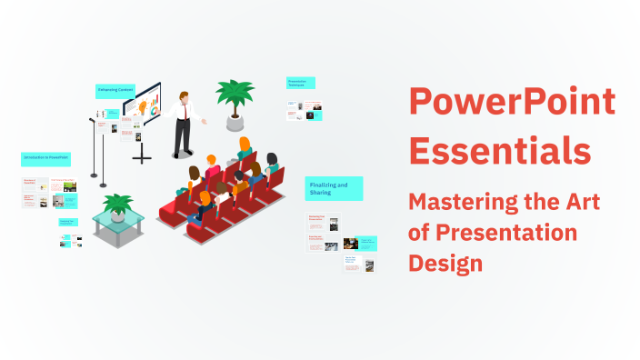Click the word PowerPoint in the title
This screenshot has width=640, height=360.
click(512, 103)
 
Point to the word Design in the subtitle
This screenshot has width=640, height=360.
click(445, 263)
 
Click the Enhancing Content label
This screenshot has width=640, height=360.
click(115, 90)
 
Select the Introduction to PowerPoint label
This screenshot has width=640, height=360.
click(45, 159)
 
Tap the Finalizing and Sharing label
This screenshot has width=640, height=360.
click(333, 188)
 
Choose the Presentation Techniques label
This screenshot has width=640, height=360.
click(301, 83)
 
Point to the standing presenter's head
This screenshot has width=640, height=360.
click(184, 96)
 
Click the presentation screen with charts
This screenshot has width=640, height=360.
click(142, 106)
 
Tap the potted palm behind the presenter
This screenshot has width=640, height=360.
click(234, 94)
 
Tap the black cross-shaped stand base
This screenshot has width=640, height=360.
click(143, 157)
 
